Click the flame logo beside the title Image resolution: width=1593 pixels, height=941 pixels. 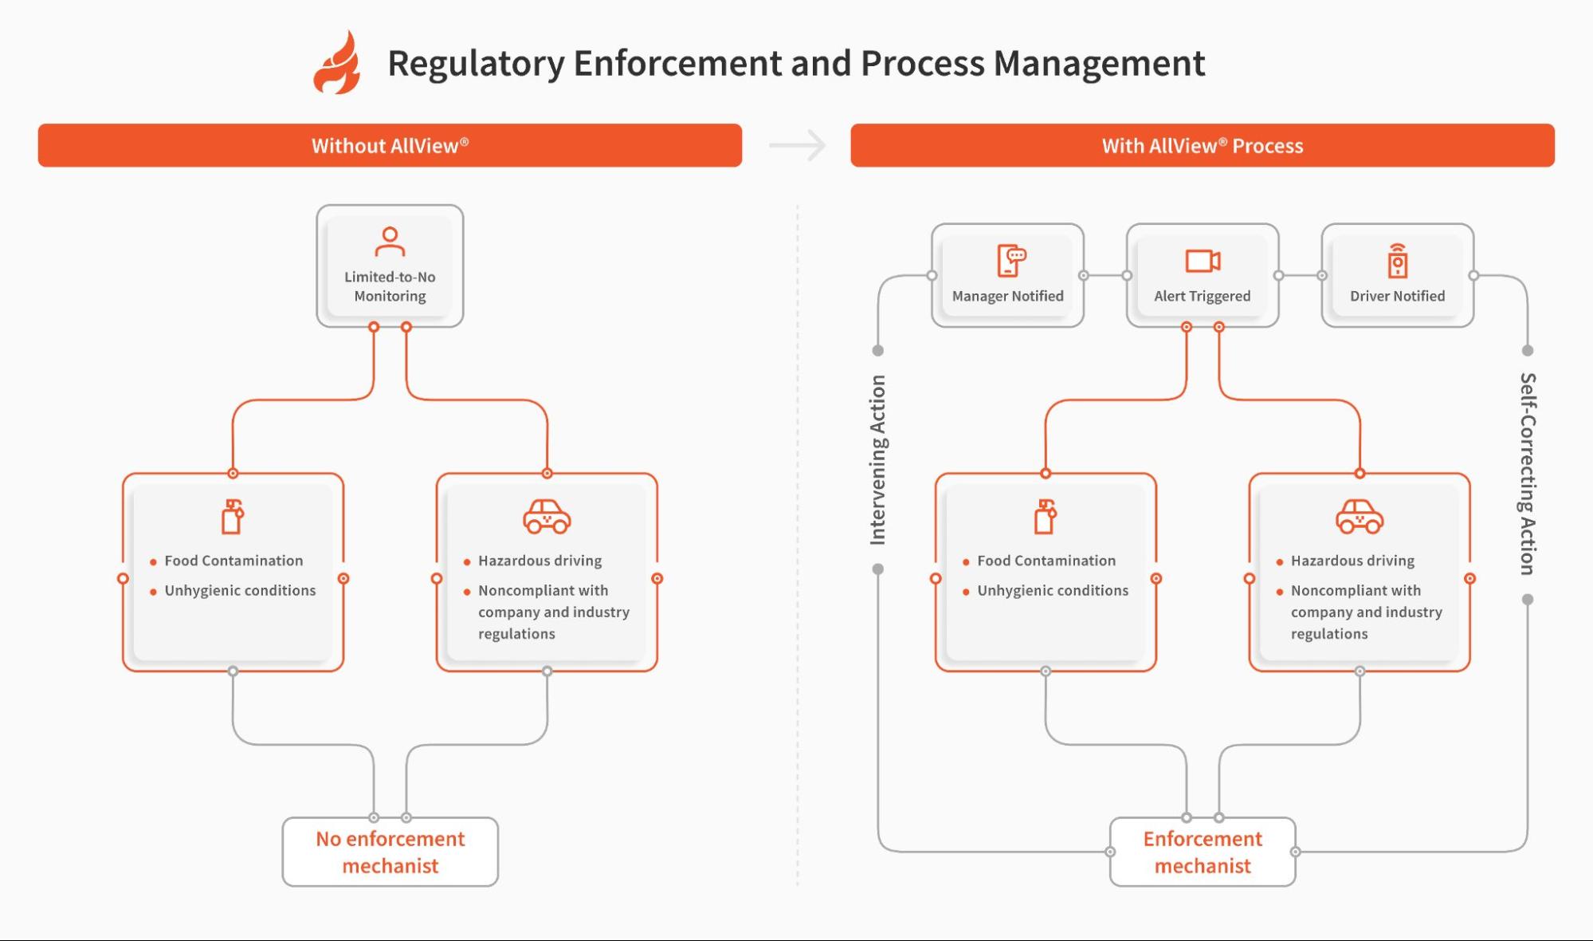click(x=337, y=64)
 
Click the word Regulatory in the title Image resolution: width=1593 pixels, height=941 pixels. click(x=476, y=64)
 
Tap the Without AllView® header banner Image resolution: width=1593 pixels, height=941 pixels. click(x=390, y=145)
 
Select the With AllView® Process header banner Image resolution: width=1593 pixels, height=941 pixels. click(x=1202, y=145)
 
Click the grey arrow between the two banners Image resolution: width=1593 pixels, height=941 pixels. click(x=798, y=145)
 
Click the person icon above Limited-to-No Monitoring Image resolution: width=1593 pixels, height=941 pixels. click(x=390, y=242)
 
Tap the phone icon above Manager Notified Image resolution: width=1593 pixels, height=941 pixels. click(x=1010, y=261)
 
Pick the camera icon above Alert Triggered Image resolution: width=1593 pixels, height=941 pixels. click(x=1203, y=261)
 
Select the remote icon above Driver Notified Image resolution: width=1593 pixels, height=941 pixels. click(x=1397, y=261)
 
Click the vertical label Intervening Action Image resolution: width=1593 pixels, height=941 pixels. click(x=877, y=460)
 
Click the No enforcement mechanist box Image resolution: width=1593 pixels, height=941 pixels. click(x=390, y=852)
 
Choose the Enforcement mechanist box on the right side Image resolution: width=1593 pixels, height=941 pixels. click(x=1202, y=852)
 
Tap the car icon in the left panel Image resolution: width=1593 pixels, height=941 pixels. click(x=547, y=517)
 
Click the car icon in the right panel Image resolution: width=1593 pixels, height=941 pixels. click(x=1360, y=517)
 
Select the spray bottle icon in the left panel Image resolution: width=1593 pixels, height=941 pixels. click(x=232, y=517)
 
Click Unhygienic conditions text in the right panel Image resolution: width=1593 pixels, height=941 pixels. click(x=1052, y=590)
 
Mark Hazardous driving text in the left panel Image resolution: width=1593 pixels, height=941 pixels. click(x=540, y=561)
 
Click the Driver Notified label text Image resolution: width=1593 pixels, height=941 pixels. click(x=1397, y=296)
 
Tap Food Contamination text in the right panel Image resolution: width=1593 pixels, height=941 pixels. click(x=1046, y=561)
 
